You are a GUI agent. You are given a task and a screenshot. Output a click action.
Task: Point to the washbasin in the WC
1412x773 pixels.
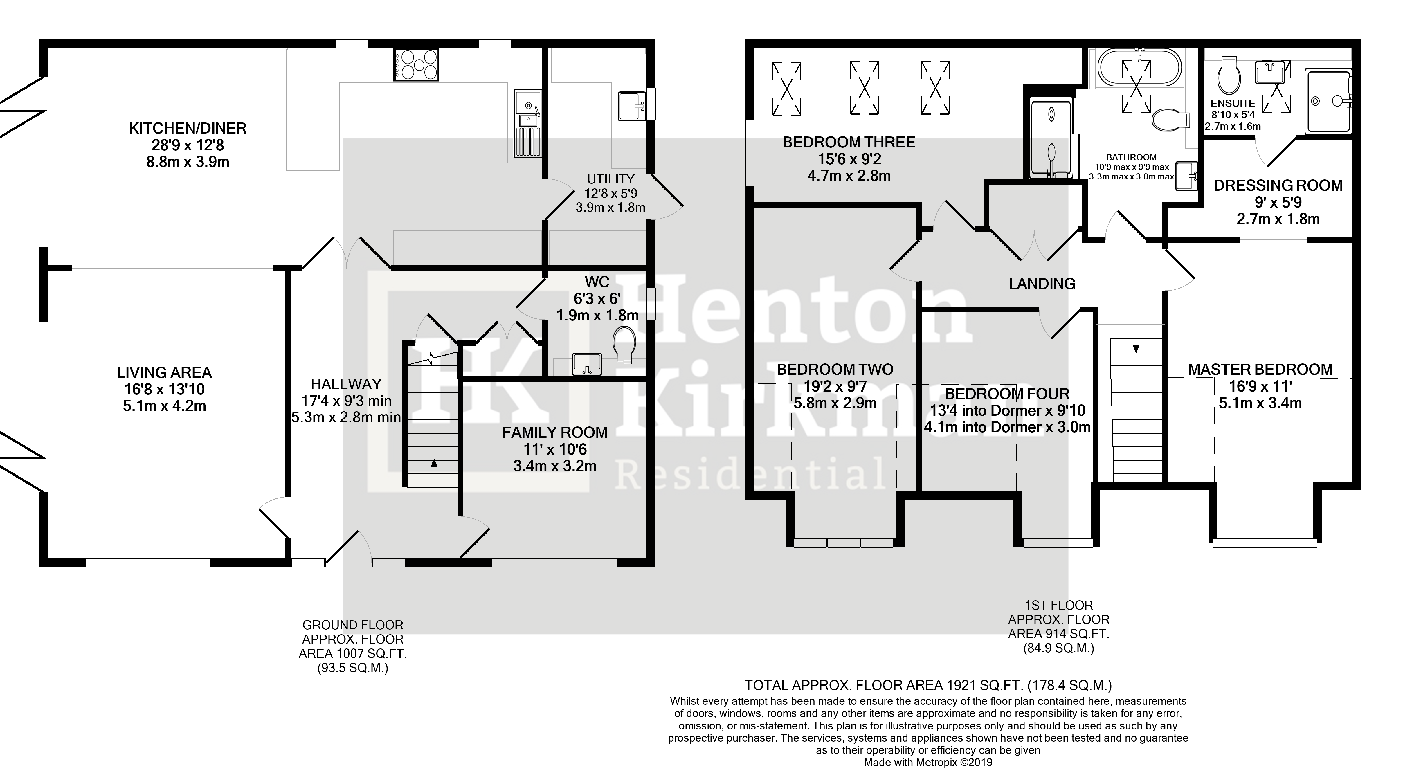(587, 364)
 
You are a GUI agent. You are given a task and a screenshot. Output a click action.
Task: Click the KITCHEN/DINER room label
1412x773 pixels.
(188, 128)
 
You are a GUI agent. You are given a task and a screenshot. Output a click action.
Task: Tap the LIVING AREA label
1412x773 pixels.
(164, 373)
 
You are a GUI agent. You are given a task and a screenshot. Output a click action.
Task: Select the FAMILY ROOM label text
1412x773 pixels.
(555, 433)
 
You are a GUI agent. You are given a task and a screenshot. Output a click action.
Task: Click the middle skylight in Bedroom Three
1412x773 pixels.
(865, 88)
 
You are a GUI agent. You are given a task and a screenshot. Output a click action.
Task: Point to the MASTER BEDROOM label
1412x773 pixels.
(1260, 370)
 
